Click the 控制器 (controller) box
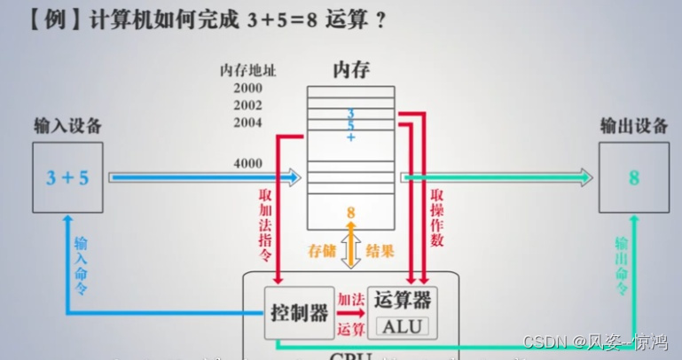tap(300, 312)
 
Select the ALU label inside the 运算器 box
tap(403, 326)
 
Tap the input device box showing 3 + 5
tap(67, 177)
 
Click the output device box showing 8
tap(633, 177)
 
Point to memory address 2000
tap(248, 88)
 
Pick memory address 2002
tap(248, 105)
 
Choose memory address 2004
tap(248, 121)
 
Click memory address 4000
tap(248, 164)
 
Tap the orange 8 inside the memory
tap(350, 213)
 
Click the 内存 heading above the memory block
tap(350, 69)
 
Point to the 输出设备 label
tap(633, 127)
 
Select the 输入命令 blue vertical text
tap(81, 262)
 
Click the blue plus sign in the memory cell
tap(350, 137)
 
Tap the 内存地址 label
tap(248, 70)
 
